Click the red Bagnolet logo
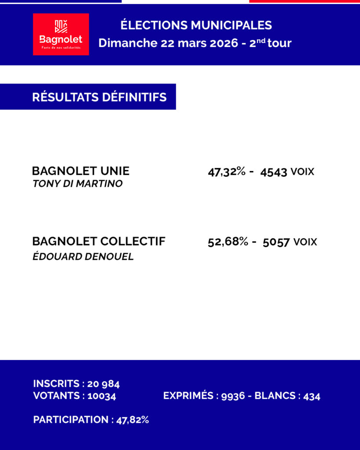61,34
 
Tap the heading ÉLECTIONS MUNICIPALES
196,25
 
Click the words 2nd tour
270,43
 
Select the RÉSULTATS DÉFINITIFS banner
99,97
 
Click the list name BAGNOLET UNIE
81,171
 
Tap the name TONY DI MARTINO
77,184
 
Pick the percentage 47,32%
226,172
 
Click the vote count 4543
273,172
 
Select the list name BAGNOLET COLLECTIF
99,241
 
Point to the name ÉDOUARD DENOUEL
83,257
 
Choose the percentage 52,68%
228,242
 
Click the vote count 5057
276,242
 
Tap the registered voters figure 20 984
104,384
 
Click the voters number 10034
102,396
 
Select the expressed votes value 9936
233,396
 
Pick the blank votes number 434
312,396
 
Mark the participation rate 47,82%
132,420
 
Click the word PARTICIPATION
70,420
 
